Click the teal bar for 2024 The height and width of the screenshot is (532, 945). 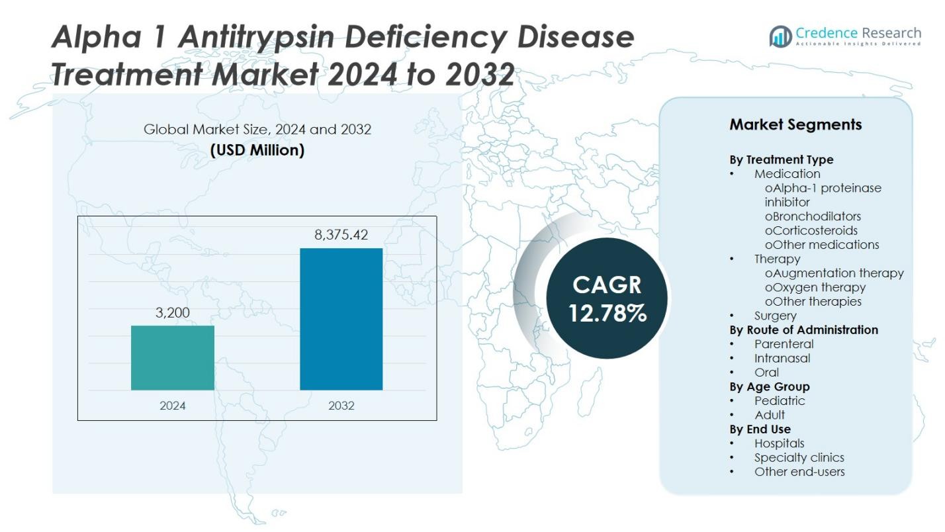pos(173,357)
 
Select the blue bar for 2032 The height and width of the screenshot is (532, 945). pos(341,319)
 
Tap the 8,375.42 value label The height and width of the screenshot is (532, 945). pos(341,235)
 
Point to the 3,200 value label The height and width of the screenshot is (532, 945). pos(173,312)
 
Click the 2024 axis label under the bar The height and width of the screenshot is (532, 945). pos(173,406)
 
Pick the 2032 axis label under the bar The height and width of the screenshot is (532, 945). pos(341,406)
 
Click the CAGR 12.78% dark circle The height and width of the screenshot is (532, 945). pos(607,298)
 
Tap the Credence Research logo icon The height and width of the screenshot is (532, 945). pos(781,36)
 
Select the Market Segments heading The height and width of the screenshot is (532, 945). pos(795,124)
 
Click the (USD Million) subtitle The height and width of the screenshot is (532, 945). pos(257,150)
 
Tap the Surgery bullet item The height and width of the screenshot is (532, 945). pos(775,316)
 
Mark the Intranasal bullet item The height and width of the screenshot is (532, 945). pos(782,358)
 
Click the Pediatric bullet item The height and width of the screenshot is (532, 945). pos(780,400)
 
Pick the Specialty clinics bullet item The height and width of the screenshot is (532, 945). pos(799,457)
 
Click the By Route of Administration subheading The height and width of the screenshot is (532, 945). pos(803,330)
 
